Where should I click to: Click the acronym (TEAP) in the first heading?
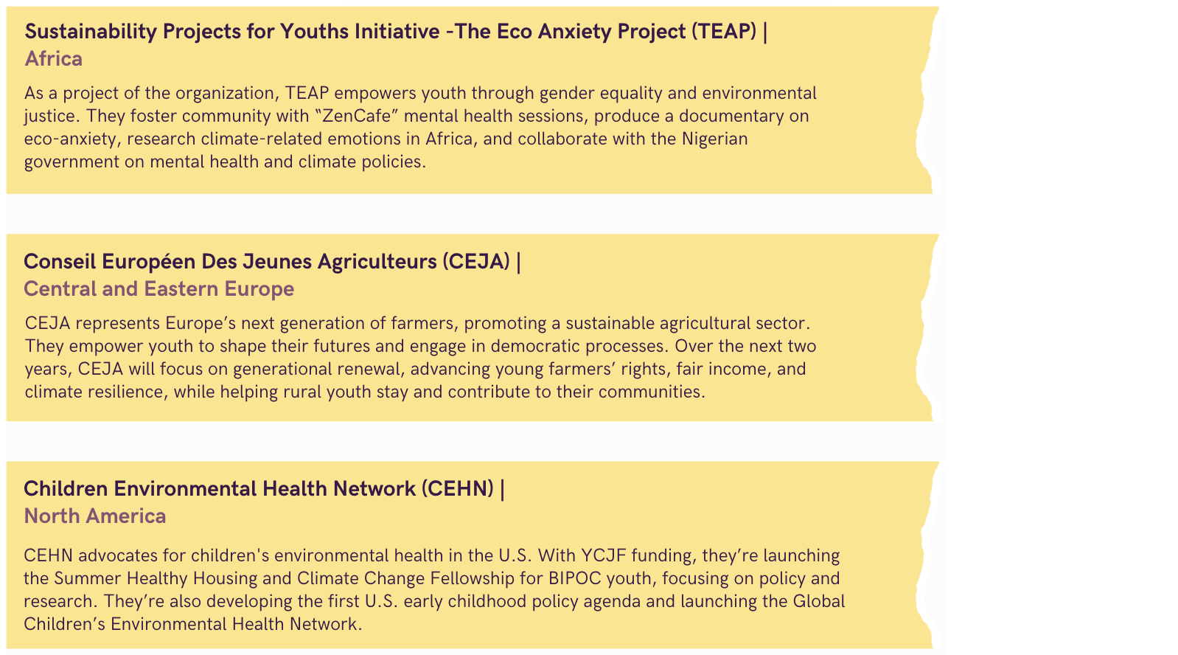(x=724, y=32)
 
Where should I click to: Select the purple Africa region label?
(x=54, y=58)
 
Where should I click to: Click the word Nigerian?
(x=715, y=139)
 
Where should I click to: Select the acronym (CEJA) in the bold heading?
(x=476, y=261)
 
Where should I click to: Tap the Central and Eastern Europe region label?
(x=158, y=289)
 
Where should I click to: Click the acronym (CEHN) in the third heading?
(x=458, y=489)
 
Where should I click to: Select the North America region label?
(x=95, y=516)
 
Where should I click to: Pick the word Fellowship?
(x=473, y=578)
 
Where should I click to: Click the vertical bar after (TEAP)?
(x=765, y=32)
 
